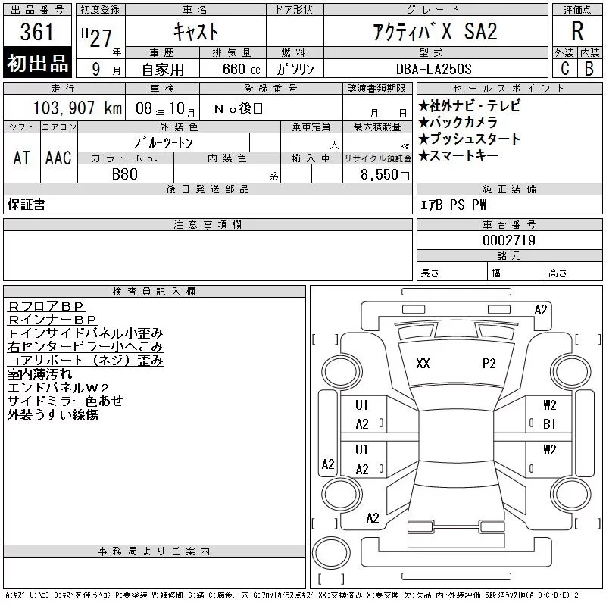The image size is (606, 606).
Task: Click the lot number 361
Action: (36, 31)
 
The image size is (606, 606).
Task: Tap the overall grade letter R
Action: (577, 31)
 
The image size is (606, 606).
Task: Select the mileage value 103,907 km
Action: (77, 108)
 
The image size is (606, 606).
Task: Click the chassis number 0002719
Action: (509, 240)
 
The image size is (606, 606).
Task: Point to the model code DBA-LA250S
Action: (433, 69)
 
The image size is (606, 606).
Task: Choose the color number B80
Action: (124, 174)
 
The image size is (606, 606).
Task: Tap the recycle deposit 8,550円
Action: (385, 175)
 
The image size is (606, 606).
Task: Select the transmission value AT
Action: (21, 158)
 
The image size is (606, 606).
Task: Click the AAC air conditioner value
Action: (58, 158)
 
